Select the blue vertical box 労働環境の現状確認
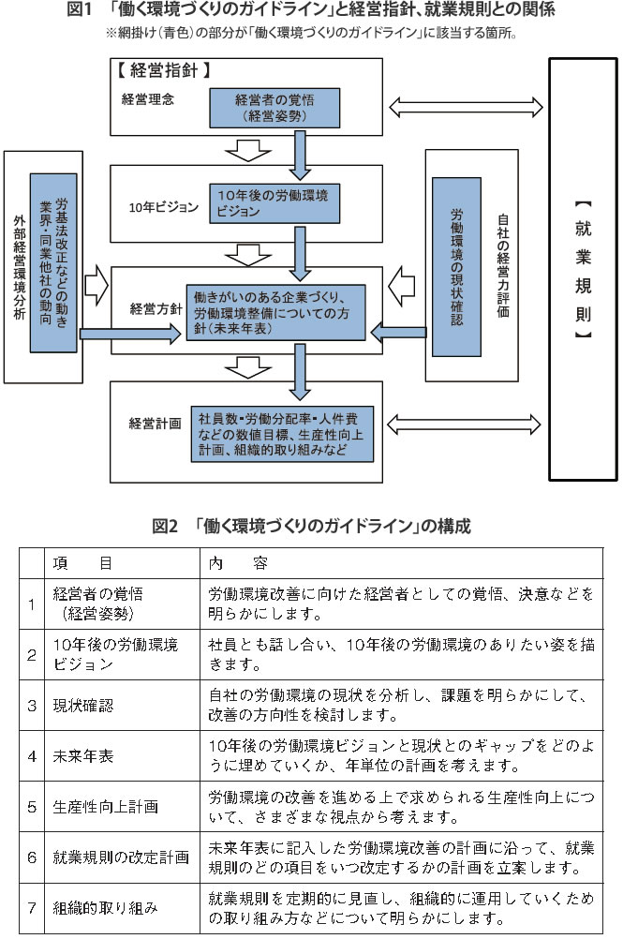point(456,267)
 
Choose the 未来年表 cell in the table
point(84,754)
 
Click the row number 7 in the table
point(31,908)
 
